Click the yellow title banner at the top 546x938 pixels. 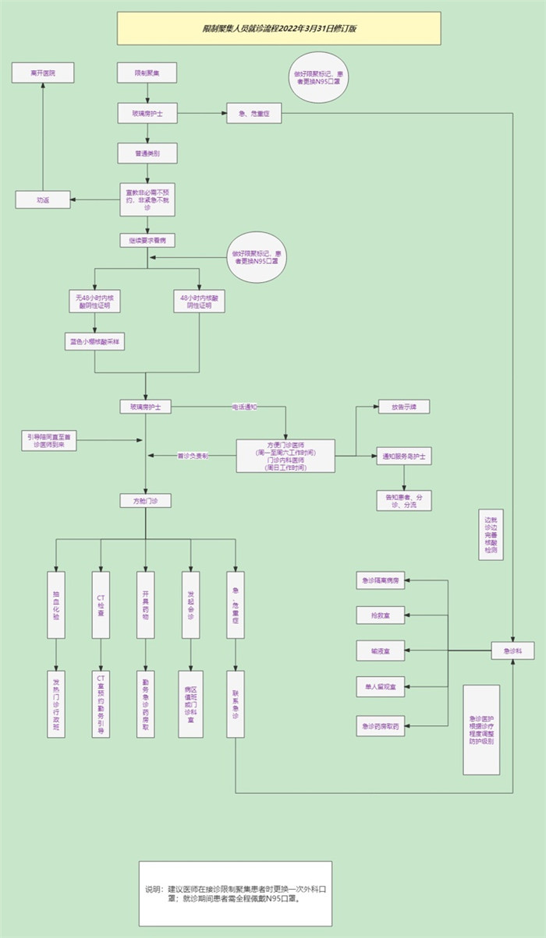click(x=278, y=28)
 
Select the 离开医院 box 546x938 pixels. click(x=43, y=73)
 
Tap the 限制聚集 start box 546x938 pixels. click(x=147, y=73)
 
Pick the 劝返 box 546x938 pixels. click(x=43, y=199)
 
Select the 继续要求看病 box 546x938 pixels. click(x=147, y=240)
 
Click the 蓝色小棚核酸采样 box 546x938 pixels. click(x=95, y=341)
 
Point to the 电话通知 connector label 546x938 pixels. click(x=245, y=407)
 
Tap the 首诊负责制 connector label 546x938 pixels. click(x=192, y=455)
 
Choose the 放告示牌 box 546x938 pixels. click(x=403, y=407)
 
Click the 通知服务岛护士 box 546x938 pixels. click(x=403, y=456)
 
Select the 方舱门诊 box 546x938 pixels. click(x=146, y=500)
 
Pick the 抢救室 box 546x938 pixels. click(x=381, y=615)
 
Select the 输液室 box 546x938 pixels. click(x=381, y=650)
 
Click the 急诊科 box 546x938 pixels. click(x=512, y=650)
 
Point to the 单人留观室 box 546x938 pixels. click(x=381, y=687)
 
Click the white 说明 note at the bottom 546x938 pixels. click(x=235, y=893)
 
